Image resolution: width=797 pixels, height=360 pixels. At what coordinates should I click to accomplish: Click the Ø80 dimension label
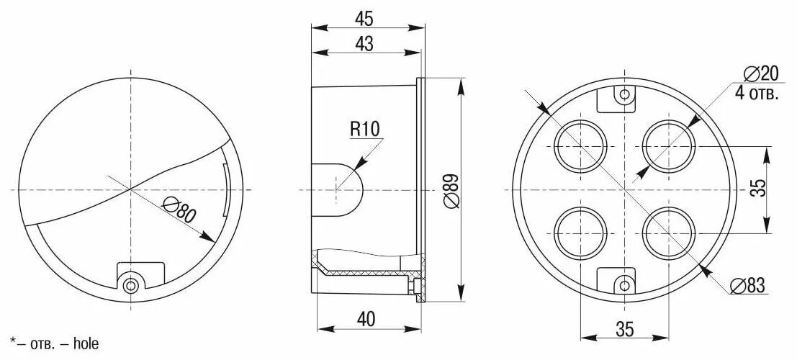180,211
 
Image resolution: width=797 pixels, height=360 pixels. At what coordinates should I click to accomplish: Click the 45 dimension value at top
364,17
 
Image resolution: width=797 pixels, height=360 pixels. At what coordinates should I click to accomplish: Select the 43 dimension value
364,44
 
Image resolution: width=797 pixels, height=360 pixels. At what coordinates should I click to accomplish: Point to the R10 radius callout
364,129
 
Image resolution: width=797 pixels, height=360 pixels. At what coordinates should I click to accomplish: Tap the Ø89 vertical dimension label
452,191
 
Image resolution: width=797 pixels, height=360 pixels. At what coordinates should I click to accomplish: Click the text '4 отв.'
757,94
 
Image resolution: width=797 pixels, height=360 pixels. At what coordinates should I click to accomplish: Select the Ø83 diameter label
747,286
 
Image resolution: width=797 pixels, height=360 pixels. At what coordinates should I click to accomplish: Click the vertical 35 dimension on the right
758,189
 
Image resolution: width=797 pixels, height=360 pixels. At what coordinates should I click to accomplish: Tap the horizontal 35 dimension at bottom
625,329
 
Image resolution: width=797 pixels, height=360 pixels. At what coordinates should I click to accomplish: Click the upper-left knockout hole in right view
580,146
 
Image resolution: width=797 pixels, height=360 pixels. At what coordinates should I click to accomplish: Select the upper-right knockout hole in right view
670,146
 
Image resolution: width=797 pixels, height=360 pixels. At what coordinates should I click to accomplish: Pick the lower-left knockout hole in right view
580,234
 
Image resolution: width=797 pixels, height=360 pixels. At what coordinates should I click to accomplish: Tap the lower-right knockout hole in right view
670,234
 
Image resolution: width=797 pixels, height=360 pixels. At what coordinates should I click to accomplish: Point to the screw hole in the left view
130,286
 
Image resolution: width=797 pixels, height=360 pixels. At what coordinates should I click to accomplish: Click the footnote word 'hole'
85,344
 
